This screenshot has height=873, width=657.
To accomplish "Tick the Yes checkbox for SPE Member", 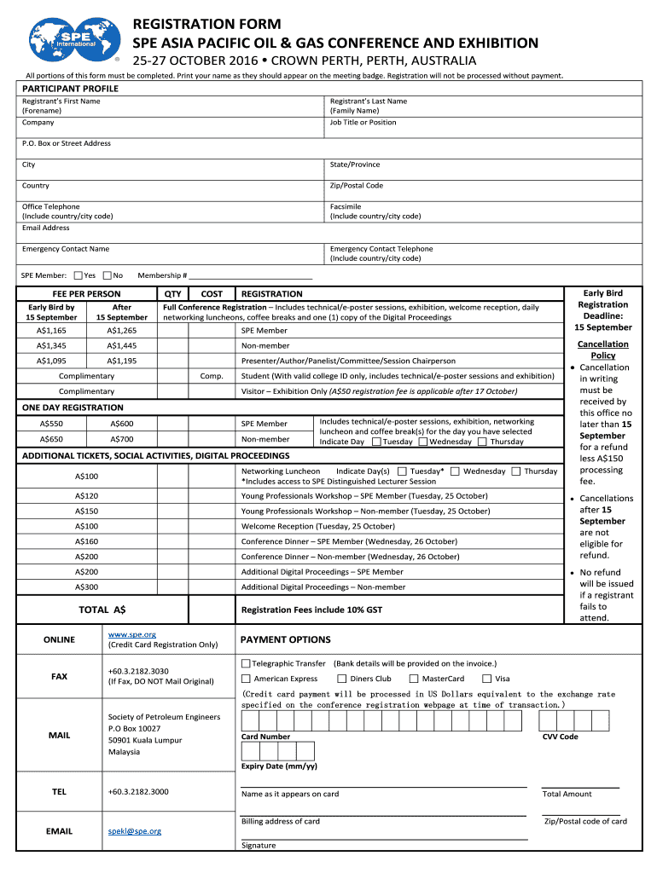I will point(78,275).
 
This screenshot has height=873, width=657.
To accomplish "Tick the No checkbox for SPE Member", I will point(108,275).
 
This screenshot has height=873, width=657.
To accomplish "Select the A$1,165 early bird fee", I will point(51,330).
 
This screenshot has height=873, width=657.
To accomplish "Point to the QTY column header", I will point(173,293).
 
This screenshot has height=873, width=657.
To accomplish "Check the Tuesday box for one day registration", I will point(376,442).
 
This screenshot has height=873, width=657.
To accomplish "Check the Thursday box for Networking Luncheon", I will point(516,471).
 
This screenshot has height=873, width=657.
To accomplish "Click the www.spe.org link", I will point(131,634).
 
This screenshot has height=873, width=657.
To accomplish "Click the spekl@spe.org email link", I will point(134,831).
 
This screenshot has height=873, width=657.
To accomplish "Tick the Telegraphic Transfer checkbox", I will point(246,663).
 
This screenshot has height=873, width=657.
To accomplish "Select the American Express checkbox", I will point(246,679).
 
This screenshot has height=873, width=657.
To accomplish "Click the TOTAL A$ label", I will point(102,610).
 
